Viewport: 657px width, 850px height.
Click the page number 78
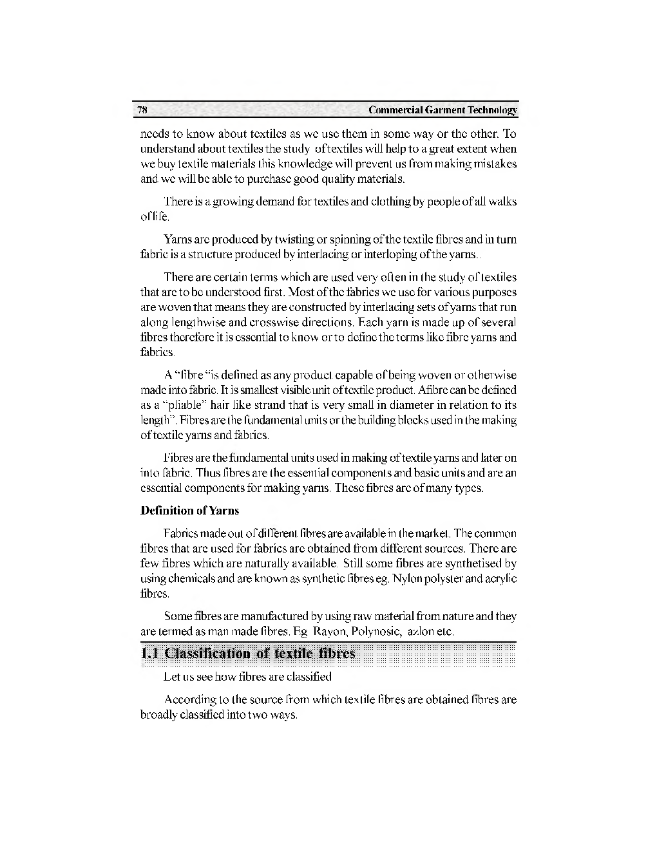tap(142, 110)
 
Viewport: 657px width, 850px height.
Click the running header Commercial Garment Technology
tap(443, 110)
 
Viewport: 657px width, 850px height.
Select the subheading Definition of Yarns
tap(189, 511)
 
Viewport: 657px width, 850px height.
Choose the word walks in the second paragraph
tap(503, 202)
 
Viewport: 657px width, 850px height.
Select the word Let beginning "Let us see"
tap(171, 677)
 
